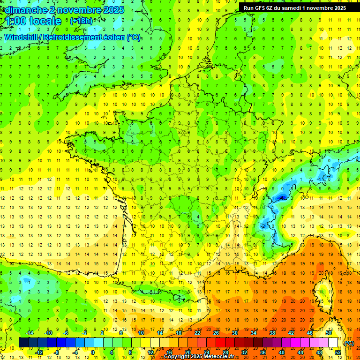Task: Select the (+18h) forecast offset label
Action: click(x=81, y=21)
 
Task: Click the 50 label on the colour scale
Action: click(x=328, y=332)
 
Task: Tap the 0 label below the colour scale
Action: click(x=93, y=352)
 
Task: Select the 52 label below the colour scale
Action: click(x=337, y=352)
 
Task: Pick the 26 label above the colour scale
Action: click(x=216, y=332)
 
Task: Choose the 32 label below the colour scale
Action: click(x=244, y=352)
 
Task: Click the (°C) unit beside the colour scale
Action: click(x=349, y=343)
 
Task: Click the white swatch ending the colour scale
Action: click(x=333, y=343)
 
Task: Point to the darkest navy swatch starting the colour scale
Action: click(x=23, y=343)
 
